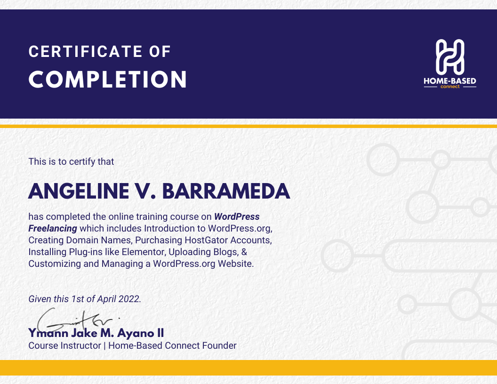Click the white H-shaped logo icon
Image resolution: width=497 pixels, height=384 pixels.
click(x=450, y=57)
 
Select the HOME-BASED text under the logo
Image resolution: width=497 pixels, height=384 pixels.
click(x=450, y=81)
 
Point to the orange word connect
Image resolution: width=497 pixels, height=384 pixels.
click(x=450, y=87)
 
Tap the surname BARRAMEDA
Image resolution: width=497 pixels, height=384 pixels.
click(x=226, y=192)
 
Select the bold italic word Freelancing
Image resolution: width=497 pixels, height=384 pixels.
click(x=53, y=228)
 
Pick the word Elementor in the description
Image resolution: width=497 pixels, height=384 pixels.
click(x=144, y=252)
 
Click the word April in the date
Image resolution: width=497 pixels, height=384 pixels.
click(x=106, y=299)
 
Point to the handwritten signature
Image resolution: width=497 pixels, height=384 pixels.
click(x=76, y=320)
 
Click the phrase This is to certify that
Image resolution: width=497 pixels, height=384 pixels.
click(x=72, y=161)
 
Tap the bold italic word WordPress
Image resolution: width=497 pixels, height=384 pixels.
click(x=237, y=217)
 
